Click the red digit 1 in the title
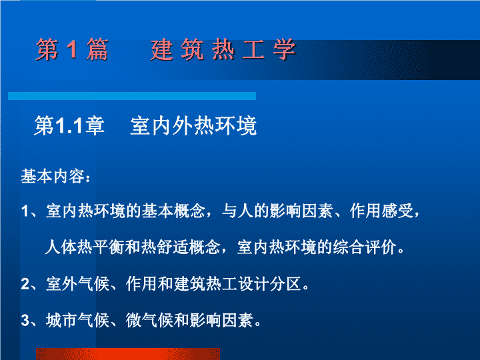[x=72, y=49]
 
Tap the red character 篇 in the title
[x=97, y=49]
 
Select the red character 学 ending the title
[x=285, y=49]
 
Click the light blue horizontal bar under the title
[x=132, y=96]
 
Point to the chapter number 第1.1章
[x=69, y=125]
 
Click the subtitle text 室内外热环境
[x=193, y=125]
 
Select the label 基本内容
[x=53, y=176]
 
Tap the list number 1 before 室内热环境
[x=25, y=211]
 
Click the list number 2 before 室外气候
[x=25, y=284]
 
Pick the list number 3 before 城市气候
[x=25, y=321]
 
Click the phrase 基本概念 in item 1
[x=173, y=211]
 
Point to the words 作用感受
[x=382, y=211]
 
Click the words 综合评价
[x=365, y=247]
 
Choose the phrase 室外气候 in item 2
[x=78, y=284]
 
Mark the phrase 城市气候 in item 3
[x=78, y=321]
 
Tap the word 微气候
[x=149, y=321]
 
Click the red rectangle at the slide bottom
[x=128, y=354]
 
